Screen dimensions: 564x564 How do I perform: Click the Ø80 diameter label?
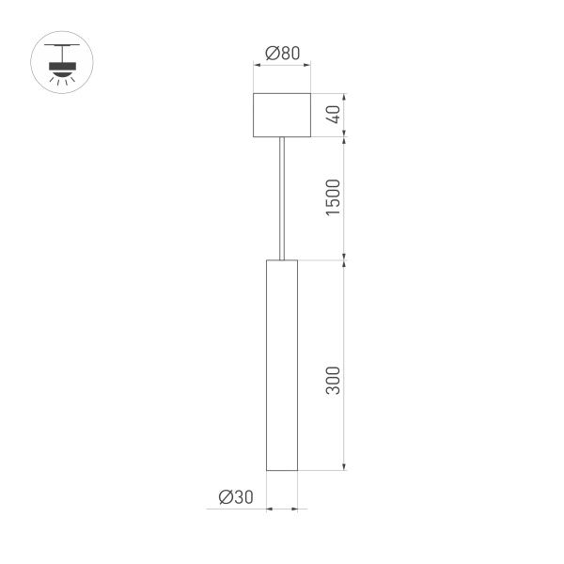click(282, 54)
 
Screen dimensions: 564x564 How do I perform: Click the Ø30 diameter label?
click(235, 496)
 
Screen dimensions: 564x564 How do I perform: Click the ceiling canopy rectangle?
click(282, 115)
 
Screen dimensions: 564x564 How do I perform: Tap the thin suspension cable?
click(282, 197)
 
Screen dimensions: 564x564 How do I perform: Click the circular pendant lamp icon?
click(65, 64)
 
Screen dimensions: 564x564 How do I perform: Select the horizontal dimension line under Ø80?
click(282, 66)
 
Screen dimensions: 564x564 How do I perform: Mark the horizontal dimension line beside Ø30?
click(282, 510)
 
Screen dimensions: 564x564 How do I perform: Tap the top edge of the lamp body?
click(282, 258)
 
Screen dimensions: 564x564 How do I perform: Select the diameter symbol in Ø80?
click(271, 54)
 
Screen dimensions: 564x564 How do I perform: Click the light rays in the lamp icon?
click(65, 83)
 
